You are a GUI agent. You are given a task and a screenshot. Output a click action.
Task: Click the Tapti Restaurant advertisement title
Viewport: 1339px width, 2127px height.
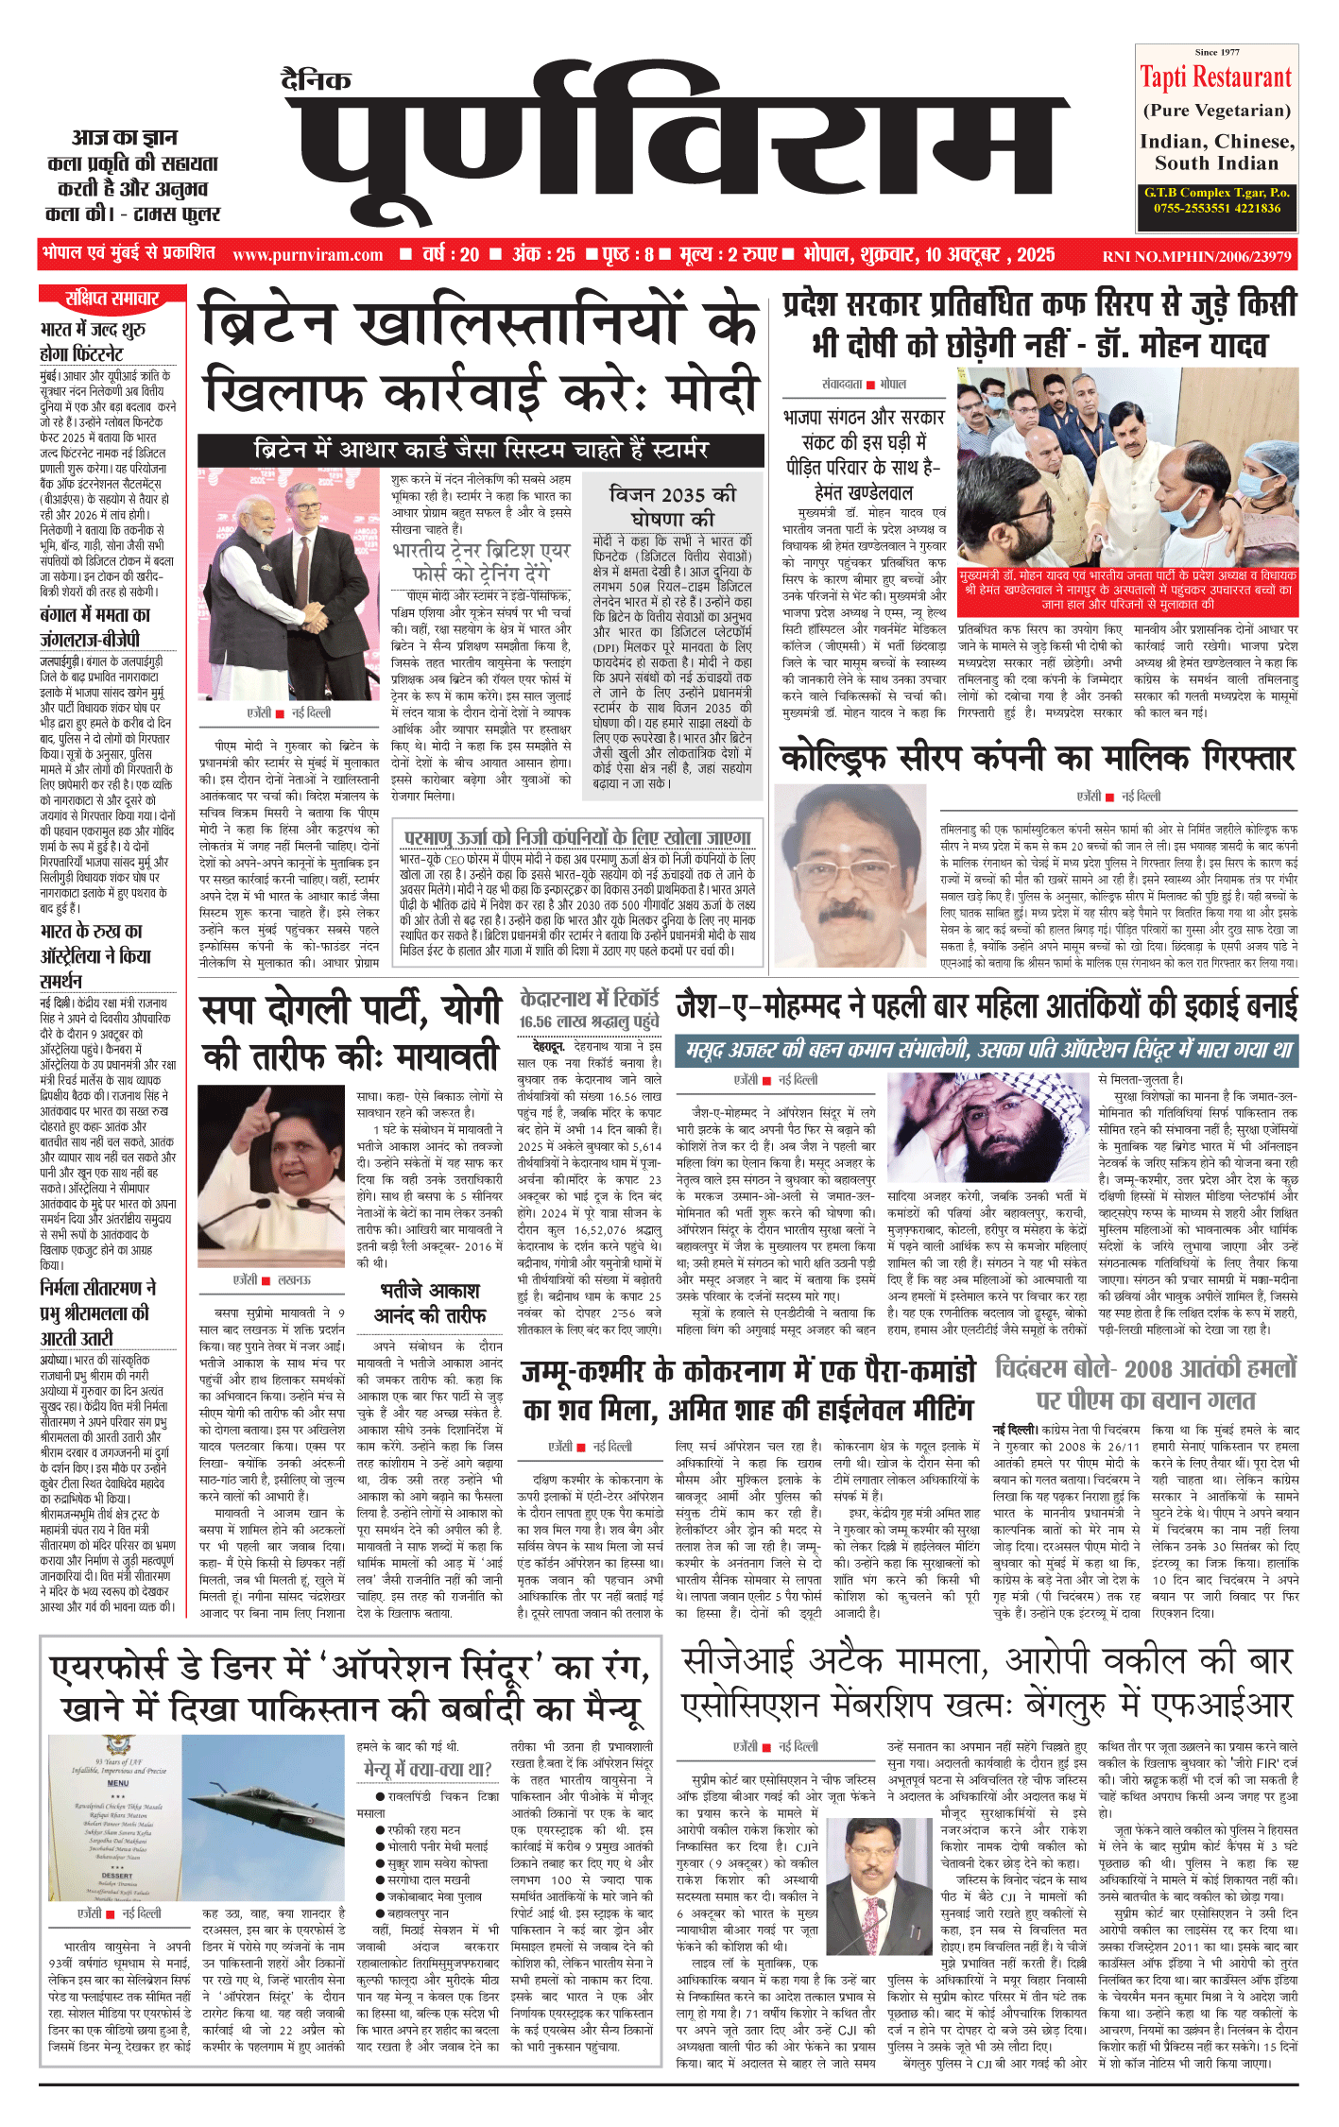[1215, 77]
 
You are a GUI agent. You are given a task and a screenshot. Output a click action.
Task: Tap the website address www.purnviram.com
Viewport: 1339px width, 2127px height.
[307, 254]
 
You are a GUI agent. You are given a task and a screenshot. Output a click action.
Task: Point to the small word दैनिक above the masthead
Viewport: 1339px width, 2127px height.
[317, 80]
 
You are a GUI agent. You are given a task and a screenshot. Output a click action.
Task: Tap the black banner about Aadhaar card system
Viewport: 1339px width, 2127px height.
[480, 450]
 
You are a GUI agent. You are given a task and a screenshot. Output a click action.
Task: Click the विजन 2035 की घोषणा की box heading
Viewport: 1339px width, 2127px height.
[672, 506]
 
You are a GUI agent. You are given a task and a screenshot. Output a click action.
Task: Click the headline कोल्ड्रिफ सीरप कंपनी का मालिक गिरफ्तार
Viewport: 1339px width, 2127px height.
[1037, 758]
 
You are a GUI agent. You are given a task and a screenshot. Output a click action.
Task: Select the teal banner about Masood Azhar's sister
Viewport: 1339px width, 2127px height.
[986, 1050]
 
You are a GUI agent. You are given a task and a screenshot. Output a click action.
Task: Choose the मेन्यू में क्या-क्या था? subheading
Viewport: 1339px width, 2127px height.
[428, 1769]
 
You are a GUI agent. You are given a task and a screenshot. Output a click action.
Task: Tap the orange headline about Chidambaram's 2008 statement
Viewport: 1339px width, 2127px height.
[1145, 1384]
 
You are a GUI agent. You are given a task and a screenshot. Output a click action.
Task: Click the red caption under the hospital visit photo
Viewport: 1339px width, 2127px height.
[1127, 590]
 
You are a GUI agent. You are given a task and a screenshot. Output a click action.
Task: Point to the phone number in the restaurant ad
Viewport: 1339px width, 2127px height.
[1216, 208]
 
